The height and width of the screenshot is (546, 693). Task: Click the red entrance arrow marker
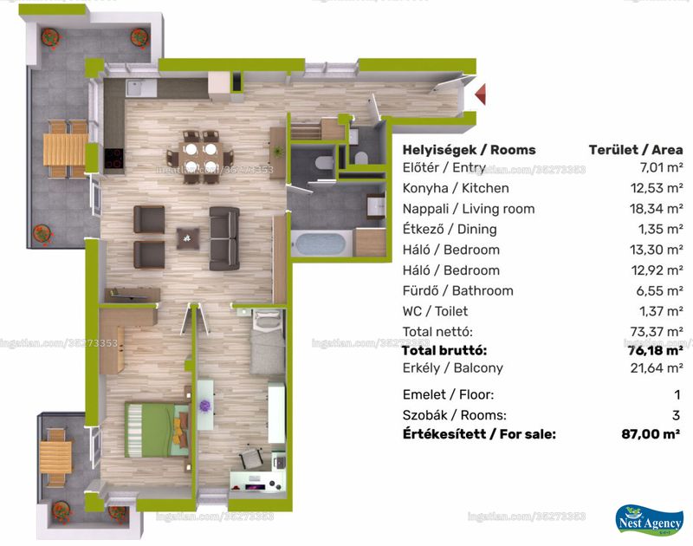[481, 94]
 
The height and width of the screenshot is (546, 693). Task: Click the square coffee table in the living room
[188, 238]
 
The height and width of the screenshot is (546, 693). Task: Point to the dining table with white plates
[201, 158]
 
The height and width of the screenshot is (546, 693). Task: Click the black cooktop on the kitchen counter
[114, 159]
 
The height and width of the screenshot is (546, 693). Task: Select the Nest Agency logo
[648, 520]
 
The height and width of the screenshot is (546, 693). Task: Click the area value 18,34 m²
[657, 209]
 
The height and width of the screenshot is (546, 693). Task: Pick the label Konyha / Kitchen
[456, 188]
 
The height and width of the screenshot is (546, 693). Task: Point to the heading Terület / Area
[636, 150]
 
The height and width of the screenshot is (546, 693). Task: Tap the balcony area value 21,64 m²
[657, 367]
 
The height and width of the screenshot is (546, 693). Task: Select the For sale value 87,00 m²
[651, 434]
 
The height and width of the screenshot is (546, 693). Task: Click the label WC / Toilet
[435, 311]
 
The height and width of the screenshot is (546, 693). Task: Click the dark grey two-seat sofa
[224, 238]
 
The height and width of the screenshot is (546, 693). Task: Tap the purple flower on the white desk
[204, 406]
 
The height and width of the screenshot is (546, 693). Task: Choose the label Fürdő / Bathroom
[458, 291]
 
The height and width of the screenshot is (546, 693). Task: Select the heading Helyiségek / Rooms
[469, 150]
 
